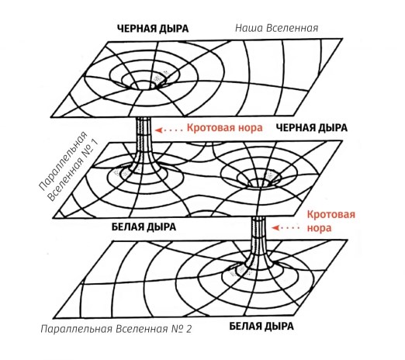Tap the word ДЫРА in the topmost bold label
pos(174,29)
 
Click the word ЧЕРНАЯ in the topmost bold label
pos(137,29)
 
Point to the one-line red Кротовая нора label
pos(224,128)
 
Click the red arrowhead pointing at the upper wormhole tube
pos(158,130)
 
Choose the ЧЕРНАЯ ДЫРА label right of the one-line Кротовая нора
pos(312,128)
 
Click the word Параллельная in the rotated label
pos(62,161)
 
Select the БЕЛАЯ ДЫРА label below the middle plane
pos(144,227)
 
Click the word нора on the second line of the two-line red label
pos(319,228)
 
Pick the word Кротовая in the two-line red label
pos(331,215)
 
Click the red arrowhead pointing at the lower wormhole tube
pos(275,228)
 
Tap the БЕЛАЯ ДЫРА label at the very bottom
pos(261,326)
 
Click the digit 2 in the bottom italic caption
pos(189,329)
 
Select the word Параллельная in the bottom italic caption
pos(77,329)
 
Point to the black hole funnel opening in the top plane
pos(143,85)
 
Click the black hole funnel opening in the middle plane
pos(261,183)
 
